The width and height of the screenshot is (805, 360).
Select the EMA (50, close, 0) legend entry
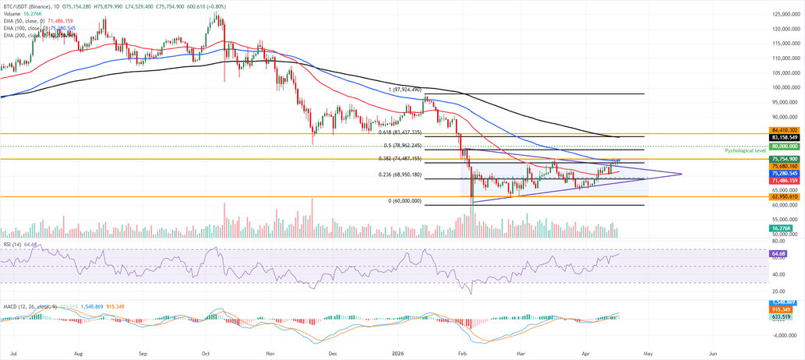pos(23,20)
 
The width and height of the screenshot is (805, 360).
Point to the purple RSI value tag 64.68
pos(777,254)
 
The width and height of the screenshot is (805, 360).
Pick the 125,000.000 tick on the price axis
pos(786,15)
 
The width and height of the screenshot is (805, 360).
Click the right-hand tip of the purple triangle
pos(682,174)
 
